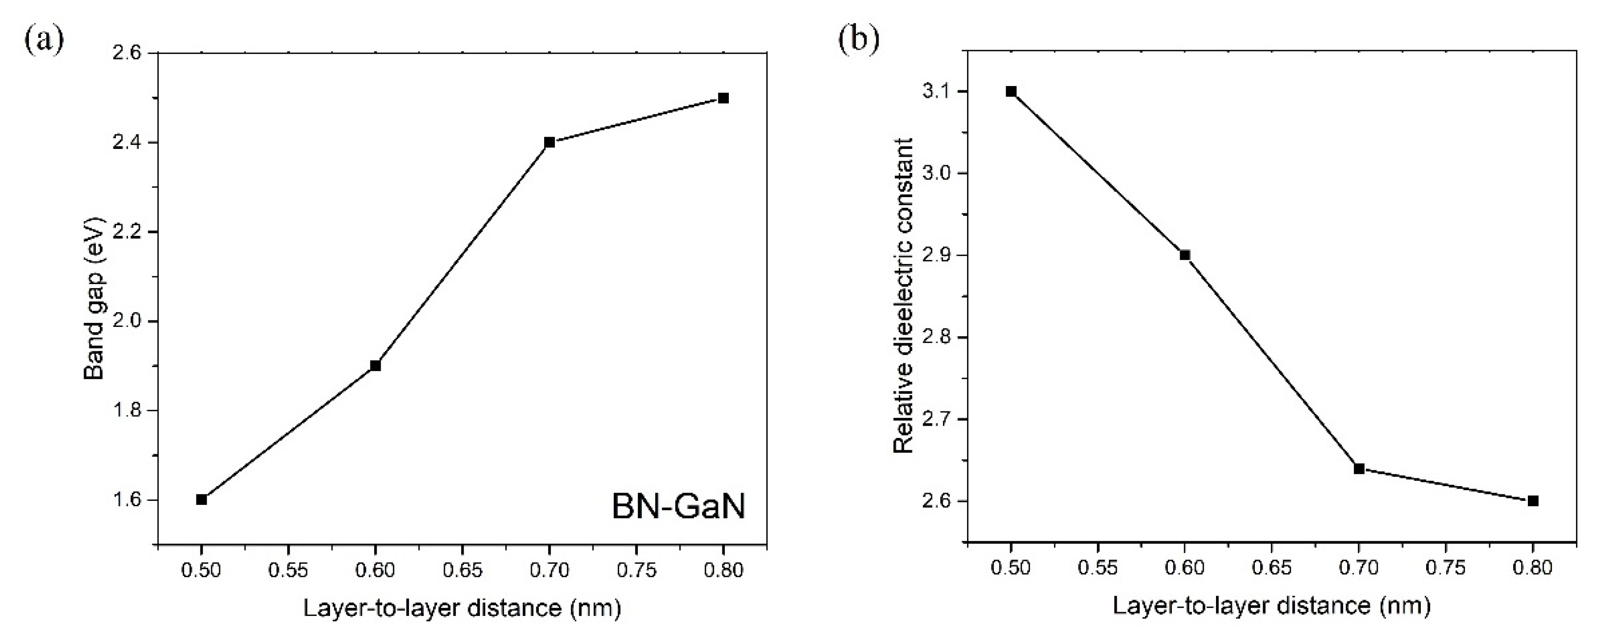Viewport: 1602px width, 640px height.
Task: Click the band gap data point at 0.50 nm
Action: (201, 499)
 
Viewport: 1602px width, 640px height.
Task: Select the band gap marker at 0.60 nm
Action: (375, 365)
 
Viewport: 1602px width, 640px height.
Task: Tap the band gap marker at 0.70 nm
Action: (549, 143)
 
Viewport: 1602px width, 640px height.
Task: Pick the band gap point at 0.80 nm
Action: (723, 98)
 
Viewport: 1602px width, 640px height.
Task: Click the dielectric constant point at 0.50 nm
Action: (1011, 91)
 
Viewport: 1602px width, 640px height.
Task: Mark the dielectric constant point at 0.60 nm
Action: (1185, 255)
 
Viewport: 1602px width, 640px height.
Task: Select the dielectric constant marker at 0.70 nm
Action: (1359, 468)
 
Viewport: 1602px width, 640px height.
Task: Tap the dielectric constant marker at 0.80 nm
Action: (1533, 500)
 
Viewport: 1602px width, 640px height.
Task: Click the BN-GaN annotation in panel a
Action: (678, 506)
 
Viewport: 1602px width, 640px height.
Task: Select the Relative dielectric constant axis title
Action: (903, 296)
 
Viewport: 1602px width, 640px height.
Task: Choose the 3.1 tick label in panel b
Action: (939, 91)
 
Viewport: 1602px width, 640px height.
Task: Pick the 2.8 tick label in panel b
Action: (939, 337)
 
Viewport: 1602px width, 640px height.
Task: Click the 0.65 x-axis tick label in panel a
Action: (462, 570)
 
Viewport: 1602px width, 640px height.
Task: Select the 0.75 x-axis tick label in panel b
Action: (1445, 568)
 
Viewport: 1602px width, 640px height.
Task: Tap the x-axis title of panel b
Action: (1272, 606)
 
